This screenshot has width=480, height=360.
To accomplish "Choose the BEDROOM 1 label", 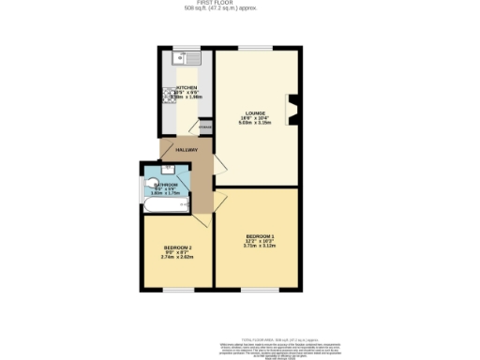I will coord(260,234).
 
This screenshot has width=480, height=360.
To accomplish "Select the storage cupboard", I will coord(205,127).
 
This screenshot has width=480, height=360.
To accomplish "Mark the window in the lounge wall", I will coord(250,48).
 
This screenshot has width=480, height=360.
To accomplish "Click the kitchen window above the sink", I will coord(184,49).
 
